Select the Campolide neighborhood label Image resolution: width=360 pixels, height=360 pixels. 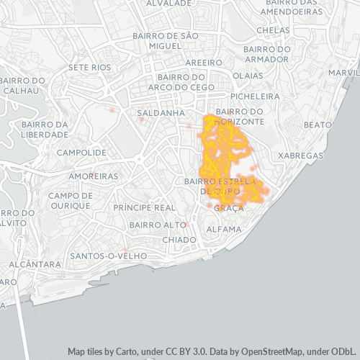pyautogui.click(x=81, y=153)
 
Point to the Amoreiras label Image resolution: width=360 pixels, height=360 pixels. pyautogui.click(x=93, y=176)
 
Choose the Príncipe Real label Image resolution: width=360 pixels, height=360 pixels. pyautogui.click(x=145, y=207)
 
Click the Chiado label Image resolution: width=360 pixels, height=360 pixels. pyautogui.click(x=179, y=239)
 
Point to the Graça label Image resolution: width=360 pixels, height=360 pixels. pyautogui.click(x=229, y=207)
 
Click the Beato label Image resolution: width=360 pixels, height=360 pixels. pyautogui.click(x=318, y=125)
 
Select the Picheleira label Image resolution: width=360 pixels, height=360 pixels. pyautogui.click(x=254, y=95)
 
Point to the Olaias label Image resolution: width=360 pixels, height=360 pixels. pyautogui.click(x=248, y=75)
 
